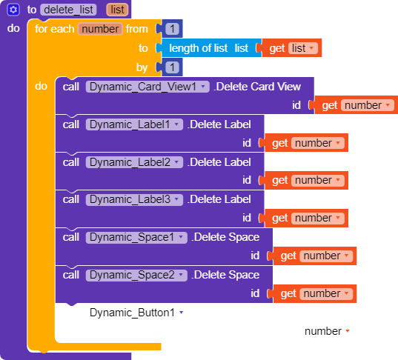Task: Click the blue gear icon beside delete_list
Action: (13, 10)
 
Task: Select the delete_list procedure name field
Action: (68, 10)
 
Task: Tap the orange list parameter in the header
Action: (117, 10)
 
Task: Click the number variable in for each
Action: (100, 29)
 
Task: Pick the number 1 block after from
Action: (173, 29)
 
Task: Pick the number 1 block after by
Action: (173, 67)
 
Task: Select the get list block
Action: (292, 48)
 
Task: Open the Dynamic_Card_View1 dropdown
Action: (147, 87)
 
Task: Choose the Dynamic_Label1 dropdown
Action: (134, 124)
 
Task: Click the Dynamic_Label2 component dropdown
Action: (134, 162)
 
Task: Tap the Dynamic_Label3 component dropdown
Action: (134, 200)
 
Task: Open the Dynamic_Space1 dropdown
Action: (136, 238)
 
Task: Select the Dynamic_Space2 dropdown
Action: (136, 275)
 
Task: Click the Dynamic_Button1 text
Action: (132, 313)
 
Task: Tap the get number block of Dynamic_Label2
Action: (306, 181)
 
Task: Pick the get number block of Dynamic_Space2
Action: (315, 294)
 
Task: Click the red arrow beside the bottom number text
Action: (348, 331)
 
